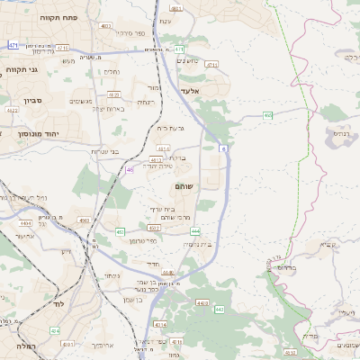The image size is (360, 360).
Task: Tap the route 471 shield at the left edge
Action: click(13, 44)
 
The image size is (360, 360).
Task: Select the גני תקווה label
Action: click(20, 70)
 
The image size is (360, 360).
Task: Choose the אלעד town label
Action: click(193, 90)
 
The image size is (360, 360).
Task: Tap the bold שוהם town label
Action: click(184, 185)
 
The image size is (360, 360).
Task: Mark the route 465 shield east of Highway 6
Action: click(268, 115)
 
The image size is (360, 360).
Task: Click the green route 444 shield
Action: click(195, 231)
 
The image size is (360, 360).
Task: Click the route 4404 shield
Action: click(24, 221)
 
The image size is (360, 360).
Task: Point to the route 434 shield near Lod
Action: click(56, 330)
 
